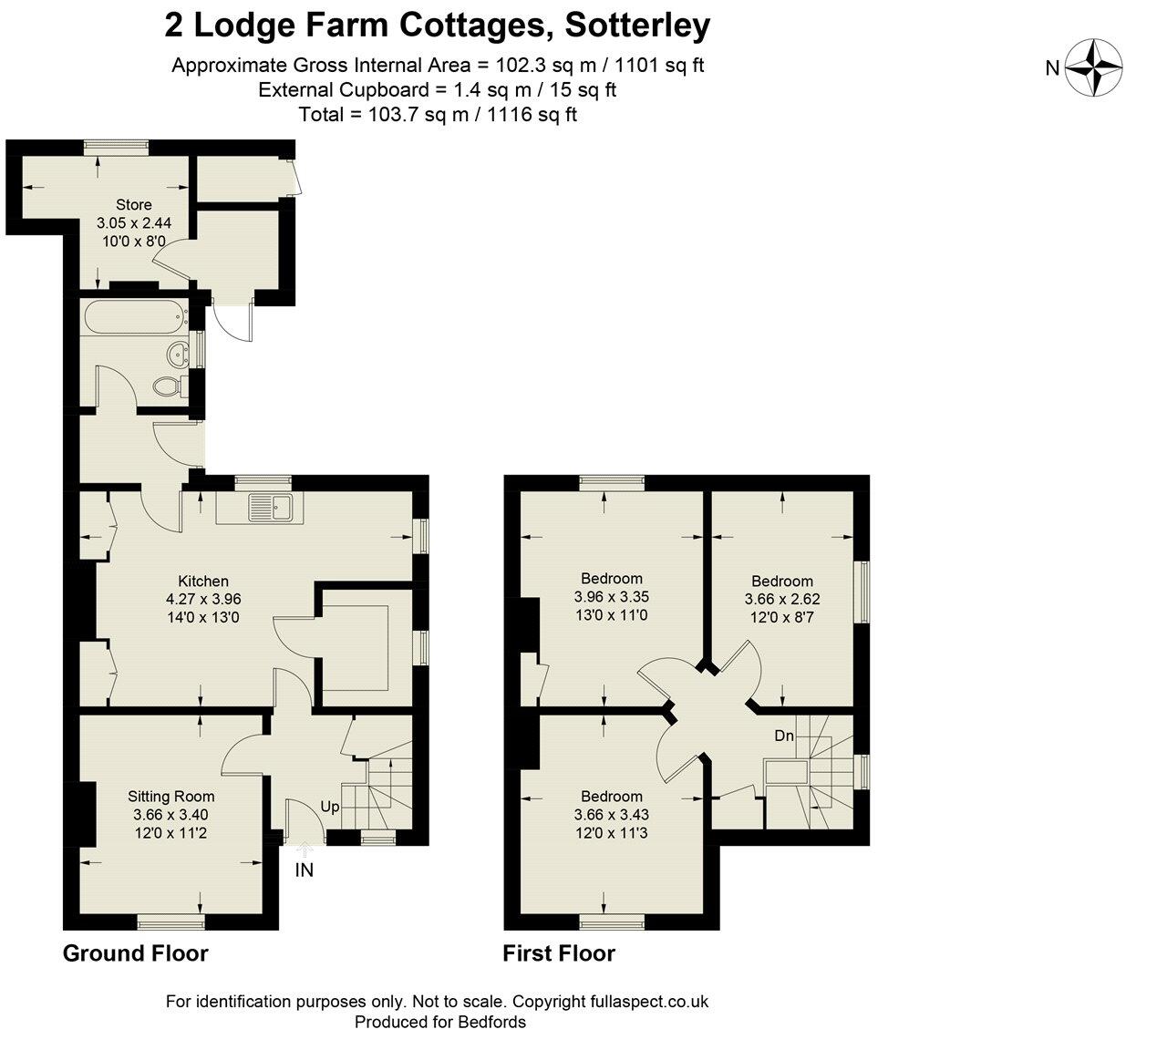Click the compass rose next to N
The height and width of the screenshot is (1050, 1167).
click(x=1093, y=67)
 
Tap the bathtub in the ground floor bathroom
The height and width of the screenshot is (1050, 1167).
click(x=133, y=317)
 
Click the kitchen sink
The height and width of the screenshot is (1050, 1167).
click(x=269, y=507)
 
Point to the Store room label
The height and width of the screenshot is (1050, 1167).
click(x=134, y=204)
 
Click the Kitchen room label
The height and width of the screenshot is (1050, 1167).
click(x=203, y=581)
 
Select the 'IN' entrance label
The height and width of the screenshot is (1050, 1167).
click(x=305, y=870)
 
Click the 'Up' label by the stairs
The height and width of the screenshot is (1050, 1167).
click(x=330, y=808)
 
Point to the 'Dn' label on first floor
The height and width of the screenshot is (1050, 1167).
click(x=784, y=735)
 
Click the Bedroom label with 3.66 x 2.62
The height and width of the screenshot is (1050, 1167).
click(x=782, y=581)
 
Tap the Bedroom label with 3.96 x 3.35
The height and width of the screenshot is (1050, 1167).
click(x=612, y=578)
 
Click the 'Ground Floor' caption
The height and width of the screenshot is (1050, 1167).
click(x=135, y=953)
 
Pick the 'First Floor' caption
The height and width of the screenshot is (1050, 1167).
click(x=559, y=953)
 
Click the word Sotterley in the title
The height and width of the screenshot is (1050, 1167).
click(x=637, y=26)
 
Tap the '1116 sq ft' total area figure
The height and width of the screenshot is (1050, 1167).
click(x=532, y=115)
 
